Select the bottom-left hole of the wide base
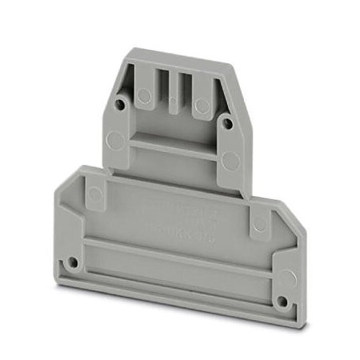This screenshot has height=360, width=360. [x=74, y=262]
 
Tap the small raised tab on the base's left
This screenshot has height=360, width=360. [x=94, y=193]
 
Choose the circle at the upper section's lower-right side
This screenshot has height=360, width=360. [x=231, y=162]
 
